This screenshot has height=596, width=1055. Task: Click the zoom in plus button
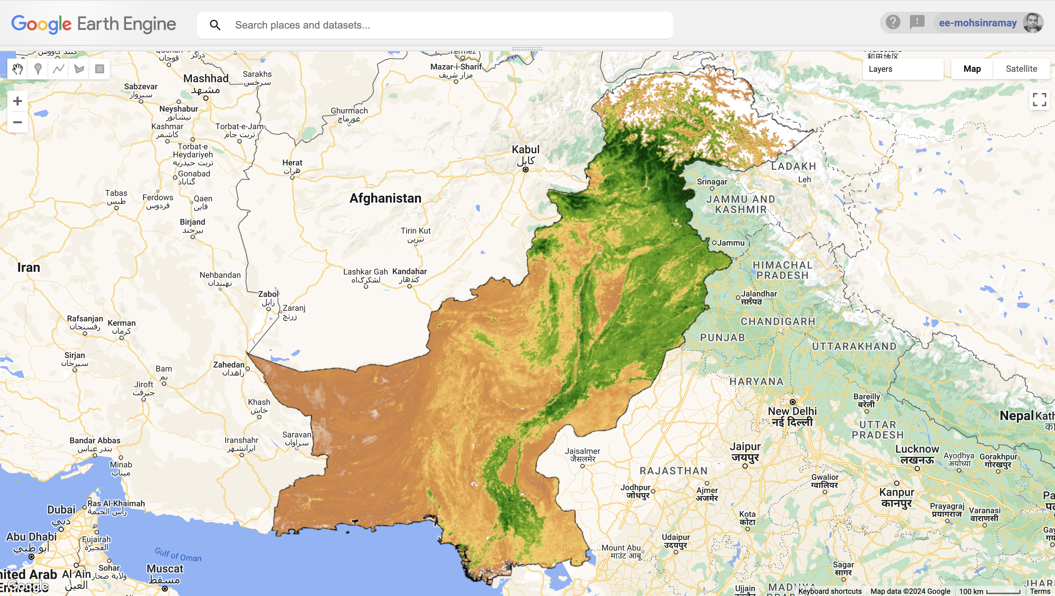tap(17, 101)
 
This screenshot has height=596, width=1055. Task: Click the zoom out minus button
tap(17, 122)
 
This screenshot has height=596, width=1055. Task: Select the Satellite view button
tap(1021, 69)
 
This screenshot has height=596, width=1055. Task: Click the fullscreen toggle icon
tap(1039, 100)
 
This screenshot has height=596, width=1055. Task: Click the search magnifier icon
tap(215, 25)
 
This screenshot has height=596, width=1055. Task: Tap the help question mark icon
tap(892, 22)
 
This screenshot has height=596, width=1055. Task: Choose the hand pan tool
tap(18, 69)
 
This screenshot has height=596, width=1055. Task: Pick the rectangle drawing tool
tap(100, 69)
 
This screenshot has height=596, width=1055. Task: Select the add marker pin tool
tap(38, 69)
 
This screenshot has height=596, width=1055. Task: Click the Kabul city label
tap(525, 150)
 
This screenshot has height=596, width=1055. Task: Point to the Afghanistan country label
tap(385, 198)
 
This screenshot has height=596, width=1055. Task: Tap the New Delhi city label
tap(792, 411)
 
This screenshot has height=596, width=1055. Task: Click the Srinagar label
tap(712, 182)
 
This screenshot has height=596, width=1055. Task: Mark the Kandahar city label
tap(409, 271)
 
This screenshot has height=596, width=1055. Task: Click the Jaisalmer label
tap(582, 451)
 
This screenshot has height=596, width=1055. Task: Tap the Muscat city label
tap(165, 569)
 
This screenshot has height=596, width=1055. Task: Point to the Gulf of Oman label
tap(178, 555)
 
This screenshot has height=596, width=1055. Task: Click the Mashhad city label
tap(206, 79)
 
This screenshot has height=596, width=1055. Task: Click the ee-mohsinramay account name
tap(978, 23)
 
